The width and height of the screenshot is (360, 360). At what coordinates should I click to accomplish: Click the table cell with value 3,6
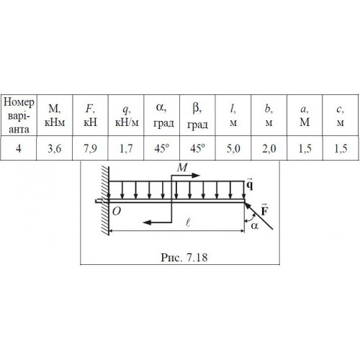pyautogui.click(x=55, y=148)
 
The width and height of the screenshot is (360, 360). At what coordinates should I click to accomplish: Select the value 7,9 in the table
pyautogui.click(x=90, y=148)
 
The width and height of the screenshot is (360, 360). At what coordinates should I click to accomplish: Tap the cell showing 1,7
pyautogui.click(x=126, y=148)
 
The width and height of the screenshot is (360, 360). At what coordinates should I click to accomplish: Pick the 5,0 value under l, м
pyautogui.click(x=233, y=148)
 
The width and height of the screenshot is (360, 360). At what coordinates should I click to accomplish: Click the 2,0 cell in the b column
pyautogui.click(x=269, y=148)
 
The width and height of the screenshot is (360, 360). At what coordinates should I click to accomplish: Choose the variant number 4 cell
pyautogui.click(x=19, y=148)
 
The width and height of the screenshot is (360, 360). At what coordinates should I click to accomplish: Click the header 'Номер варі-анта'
pyautogui.click(x=19, y=116)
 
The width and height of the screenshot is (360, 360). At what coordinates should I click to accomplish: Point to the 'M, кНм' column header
pyautogui.click(x=55, y=115)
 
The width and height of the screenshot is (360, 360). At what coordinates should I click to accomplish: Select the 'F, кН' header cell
pyautogui.click(x=91, y=115)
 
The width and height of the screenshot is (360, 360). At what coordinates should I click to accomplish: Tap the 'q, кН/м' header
pyautogui.click(x=127, y=115)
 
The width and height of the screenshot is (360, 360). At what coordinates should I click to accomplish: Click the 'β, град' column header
pyautogui.click(x=197, y=116)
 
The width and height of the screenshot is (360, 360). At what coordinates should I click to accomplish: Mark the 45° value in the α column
pyautogui.click(x=162, y=148)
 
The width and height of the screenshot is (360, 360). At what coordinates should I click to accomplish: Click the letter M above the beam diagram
pyautogui.click(x=182, y=167)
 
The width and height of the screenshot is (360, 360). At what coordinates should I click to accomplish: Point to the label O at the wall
pyautogui.click(x=117, y=212)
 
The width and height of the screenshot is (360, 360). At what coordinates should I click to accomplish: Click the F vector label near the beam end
pyautogui.click(x=264, y=210)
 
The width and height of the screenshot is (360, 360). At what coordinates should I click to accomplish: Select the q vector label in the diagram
pyautogui.click(x=250, y=184)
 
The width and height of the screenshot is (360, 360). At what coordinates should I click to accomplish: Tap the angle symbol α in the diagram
pyautogui.click(x=255, y=225)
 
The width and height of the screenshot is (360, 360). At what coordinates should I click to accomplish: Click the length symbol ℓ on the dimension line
pyautogui.click(x=188, y=222)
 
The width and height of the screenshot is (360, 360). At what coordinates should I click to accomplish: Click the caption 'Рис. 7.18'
pyautogui.click(x=184, y=258)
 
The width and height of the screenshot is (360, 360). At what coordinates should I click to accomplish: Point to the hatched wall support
pyautogui.click(x=105, y=200)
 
